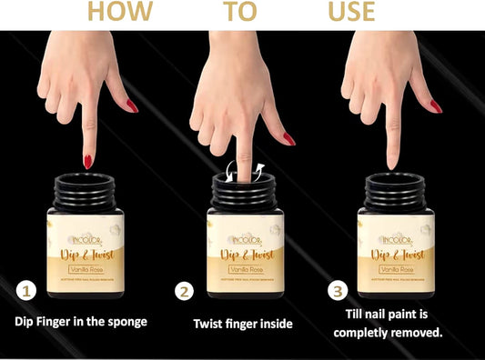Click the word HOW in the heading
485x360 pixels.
(x=113, y=12)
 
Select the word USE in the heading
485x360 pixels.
(x=351, y=12)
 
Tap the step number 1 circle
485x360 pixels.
(x=27, y=292)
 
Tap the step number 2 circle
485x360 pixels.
(x=185, y=292)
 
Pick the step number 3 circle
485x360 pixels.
(x=338, y=292)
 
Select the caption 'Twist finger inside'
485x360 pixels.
(x=242, y=323)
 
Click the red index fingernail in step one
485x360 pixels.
(x=87, y=161)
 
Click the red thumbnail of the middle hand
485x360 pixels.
(x=288, y=139)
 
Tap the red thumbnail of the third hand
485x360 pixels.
(x=436, y=106)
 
